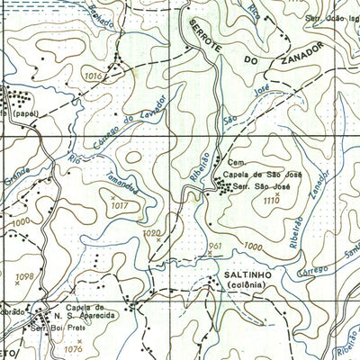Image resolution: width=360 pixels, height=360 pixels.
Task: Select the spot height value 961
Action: pyautogui.click(x=214, y=244)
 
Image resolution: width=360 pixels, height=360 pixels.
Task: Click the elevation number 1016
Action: pyautogui.click(x=93, y=77)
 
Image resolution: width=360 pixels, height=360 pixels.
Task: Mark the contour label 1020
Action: pyautogui.click(x=149, y=232)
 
